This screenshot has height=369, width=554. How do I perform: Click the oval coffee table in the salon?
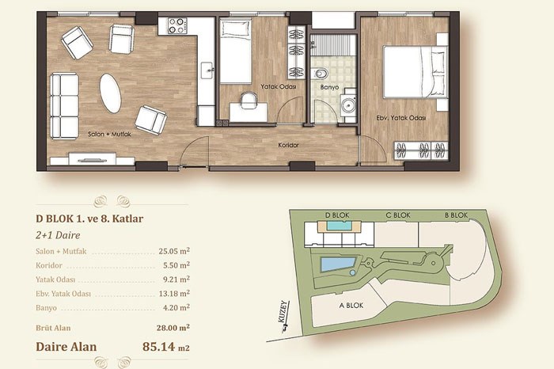coord(110,93)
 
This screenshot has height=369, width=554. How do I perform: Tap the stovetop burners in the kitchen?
coord(177,25)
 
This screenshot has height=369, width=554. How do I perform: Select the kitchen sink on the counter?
coord(207,70)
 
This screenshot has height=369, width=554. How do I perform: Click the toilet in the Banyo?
coord(320,74)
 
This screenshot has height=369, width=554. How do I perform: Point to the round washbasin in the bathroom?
coord(349,105)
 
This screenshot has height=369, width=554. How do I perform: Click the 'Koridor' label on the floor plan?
coord(288,145)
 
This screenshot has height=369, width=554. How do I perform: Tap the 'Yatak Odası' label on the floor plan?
coord(279,86)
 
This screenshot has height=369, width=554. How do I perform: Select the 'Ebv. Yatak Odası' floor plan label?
coord(401,118)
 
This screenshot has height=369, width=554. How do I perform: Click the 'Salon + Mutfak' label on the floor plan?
coord(109,135)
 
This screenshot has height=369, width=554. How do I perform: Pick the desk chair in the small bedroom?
coord(249,100)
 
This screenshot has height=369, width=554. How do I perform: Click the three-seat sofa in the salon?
coord(64,106)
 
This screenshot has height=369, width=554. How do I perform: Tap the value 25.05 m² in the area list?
coord(174,251)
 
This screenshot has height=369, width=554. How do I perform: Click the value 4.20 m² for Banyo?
coord(176,307)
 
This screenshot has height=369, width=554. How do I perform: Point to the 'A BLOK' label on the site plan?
coord(351,305)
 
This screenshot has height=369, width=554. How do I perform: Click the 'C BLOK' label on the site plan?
coord(398,215)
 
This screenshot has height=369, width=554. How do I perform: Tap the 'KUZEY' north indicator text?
coord(283,311)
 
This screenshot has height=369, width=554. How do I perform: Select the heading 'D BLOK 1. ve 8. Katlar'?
coord(89,219)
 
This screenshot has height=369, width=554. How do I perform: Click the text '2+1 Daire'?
coord(58,235)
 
